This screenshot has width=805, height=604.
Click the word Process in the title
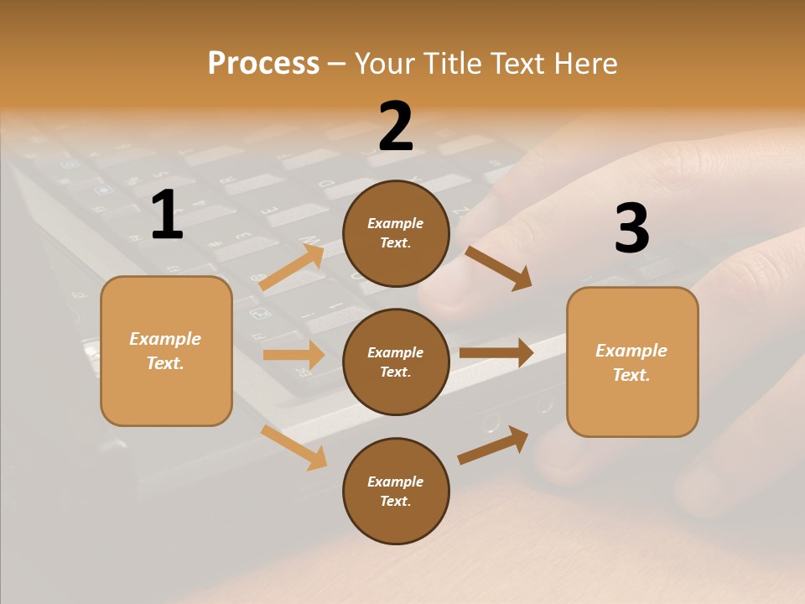click(263, 63)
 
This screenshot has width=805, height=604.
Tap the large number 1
click(167, 215)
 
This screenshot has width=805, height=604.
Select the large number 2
click(396, 127)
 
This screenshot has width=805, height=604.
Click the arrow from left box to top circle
click(292, 267)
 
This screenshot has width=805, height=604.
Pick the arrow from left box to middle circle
click(293, 355)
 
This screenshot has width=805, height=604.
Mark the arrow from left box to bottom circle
click(294, 447)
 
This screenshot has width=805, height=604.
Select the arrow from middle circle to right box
click(496, 352)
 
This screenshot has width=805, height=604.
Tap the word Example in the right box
click(631, 351)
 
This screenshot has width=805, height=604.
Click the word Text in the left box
click(164, 363)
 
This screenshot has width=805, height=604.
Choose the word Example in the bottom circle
click(395, 482)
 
